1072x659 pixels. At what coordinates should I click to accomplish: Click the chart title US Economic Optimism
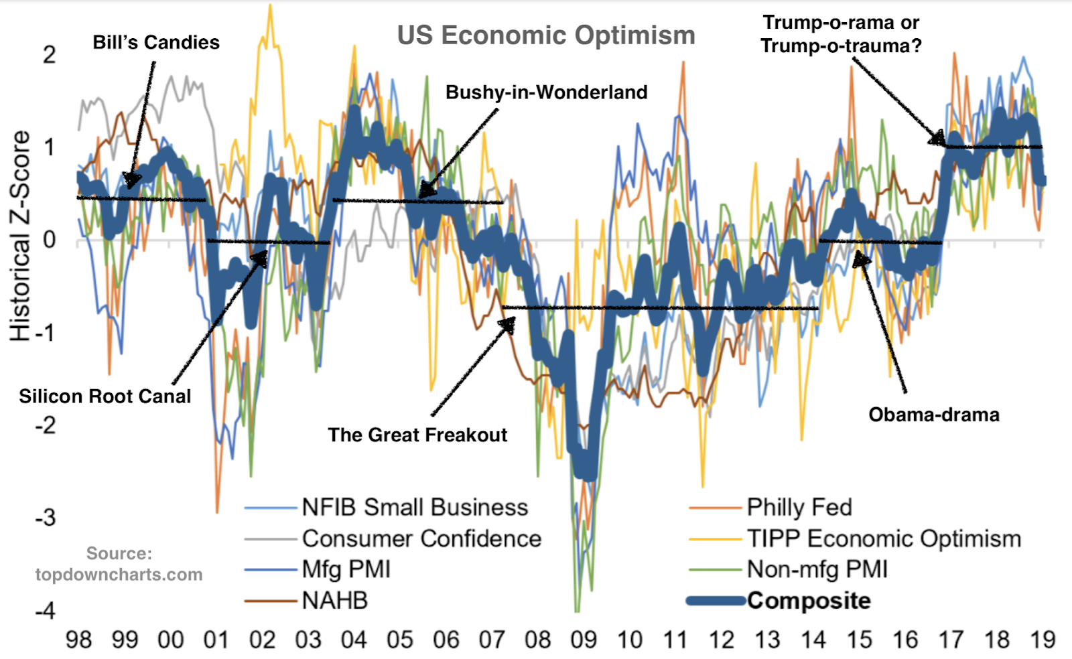(546, 35)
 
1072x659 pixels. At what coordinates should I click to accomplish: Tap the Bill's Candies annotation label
(156, 42)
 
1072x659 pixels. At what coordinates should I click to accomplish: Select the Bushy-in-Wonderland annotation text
(546, 92)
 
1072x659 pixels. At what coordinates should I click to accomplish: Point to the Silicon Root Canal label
(105, 396)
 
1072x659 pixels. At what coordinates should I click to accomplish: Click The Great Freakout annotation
(417, 435)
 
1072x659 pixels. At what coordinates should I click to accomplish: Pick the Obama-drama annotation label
(933, 415)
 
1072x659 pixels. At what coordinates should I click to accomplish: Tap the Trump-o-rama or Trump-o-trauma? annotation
(841, 33)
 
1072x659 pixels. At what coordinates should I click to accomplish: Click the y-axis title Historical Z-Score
(20, 236)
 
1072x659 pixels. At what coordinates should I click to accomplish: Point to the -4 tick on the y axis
(46, 610)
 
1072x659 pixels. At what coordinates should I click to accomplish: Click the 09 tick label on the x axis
(584, 640)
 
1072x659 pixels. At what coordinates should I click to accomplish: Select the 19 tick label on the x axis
(1043, 640)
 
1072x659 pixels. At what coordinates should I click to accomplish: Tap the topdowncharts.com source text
(119, 574)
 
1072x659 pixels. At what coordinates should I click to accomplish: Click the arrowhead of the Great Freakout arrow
(509, 323)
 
